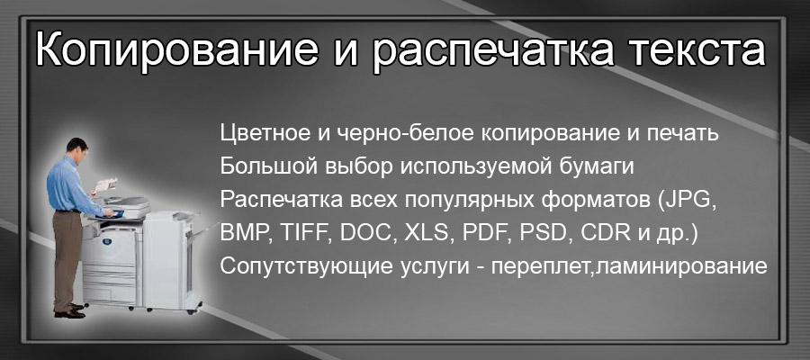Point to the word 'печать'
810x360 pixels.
tap(687, 134)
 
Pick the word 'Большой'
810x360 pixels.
tap(260, 167)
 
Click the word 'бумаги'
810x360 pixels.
tap(603, 167)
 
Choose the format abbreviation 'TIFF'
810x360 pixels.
tap(303, 234)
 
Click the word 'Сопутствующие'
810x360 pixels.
tap(289, 267)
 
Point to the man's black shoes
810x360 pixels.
tap(70, 311)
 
